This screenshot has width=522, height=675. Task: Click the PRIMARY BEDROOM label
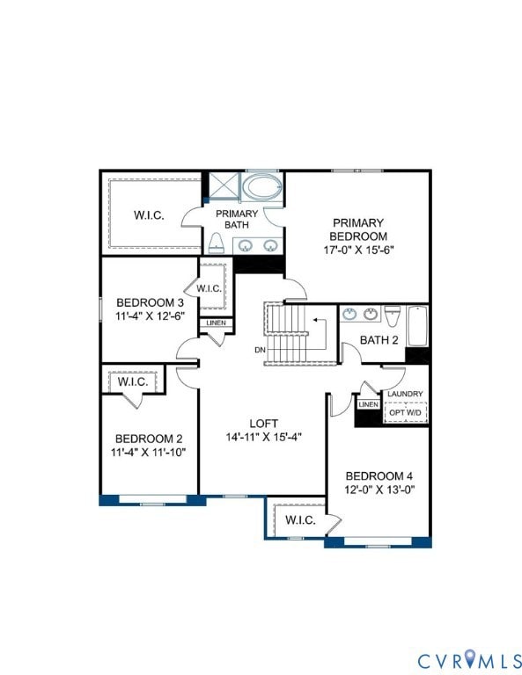tap(358, 229)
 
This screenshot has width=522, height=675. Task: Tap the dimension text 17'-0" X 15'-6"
tap(358, 249)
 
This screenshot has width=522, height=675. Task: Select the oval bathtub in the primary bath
tap(261, 187)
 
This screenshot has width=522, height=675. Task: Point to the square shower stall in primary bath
tap(224, 186)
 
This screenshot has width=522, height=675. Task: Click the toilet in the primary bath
tap(215, 243)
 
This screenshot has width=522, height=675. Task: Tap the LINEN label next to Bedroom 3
tap(216, 323)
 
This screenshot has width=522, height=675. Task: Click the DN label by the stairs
tap(260, 350)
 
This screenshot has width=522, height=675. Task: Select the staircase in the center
tap(290, 334)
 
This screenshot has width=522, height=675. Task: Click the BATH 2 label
tap(379, 339)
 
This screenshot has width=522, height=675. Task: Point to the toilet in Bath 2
tap(393, 316)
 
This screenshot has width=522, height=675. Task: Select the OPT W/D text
tap(405, 411)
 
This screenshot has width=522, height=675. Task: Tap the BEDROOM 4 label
tap(379, 475)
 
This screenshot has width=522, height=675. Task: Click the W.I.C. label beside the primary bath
tap(149, 215)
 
